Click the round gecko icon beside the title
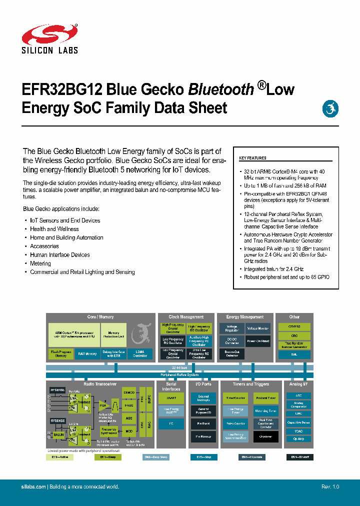tap(330, 108)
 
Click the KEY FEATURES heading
tap(252, 158)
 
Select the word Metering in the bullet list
tap(40, 263)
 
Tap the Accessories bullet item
tap(44, 246)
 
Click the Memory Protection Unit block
tap(113, 334)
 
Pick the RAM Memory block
tap(87, 354)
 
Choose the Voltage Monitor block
tap(258, 328)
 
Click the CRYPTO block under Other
tap(294, 326)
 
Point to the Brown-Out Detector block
tap(231, 354)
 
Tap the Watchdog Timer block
tap(265, 411)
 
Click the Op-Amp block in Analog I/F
tap(294, 438)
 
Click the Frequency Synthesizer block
tap(109, 431)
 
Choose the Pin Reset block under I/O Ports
tap(203, 423)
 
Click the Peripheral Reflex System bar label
tap(179, 375)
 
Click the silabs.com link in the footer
tap(34, 486)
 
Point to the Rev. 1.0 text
tap(330, 486)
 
